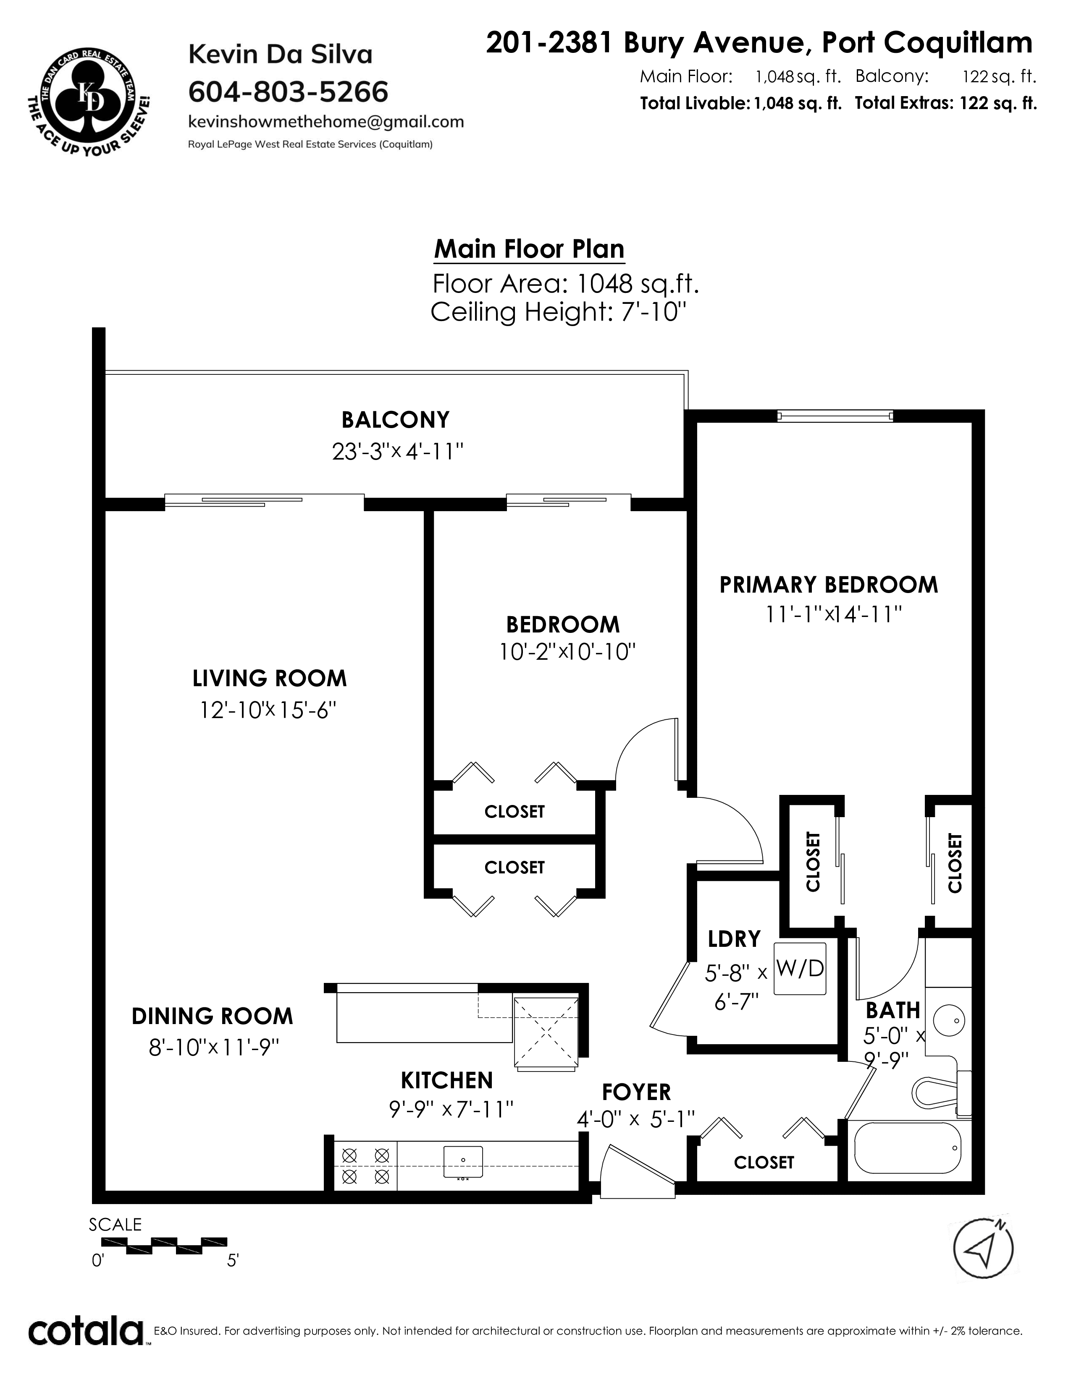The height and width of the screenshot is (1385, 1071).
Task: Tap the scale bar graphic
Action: point(164,1245)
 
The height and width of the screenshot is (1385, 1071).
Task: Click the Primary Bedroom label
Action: point(828,585)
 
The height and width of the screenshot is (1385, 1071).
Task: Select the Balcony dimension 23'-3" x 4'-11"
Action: point(397,452)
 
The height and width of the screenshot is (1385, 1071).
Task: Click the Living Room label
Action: point(270,679)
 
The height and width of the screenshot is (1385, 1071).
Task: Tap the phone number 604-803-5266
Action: point(288,92)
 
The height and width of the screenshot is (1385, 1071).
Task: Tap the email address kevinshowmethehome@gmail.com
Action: point(326,122)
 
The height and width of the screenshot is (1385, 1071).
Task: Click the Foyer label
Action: point(636,1092)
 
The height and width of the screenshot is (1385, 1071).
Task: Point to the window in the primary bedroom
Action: point(835,416)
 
